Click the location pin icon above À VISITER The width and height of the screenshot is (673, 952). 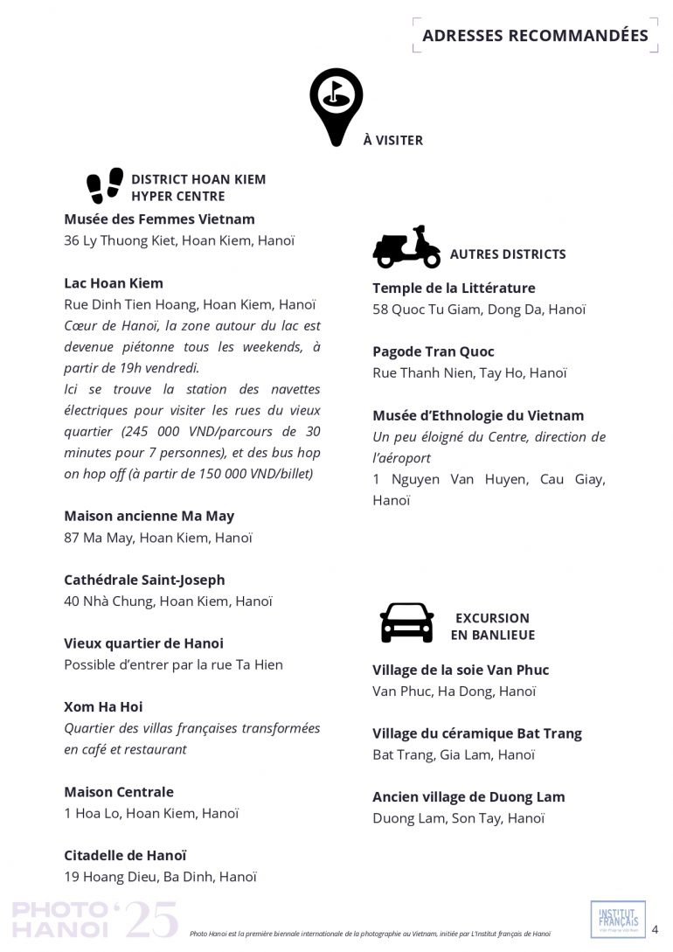pos(336,104)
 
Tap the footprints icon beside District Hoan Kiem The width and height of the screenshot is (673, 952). pos(105,185)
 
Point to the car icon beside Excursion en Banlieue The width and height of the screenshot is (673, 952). pos(406,622)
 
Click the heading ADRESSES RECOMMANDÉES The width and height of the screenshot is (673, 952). pos(535,36)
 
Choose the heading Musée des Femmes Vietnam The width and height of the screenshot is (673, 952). pos(159,219)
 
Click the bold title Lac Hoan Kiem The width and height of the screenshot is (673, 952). pos(114,283)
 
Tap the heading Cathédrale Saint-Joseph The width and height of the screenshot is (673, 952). pos(144,580)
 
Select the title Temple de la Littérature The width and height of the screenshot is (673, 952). pos(454,288)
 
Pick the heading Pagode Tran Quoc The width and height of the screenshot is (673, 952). pos(434,351)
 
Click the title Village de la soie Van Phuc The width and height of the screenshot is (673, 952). pos(461,670)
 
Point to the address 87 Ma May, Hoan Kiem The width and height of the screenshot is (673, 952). pos(158,538)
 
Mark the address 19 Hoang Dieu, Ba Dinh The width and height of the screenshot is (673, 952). pos(160,877)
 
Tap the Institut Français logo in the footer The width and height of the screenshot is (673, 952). pos(618,919)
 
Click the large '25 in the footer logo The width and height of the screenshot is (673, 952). pos(150,920)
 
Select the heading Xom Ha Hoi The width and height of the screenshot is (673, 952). pos(103,706)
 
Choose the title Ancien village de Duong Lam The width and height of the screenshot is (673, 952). pos(468,797)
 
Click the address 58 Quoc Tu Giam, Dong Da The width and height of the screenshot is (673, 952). pos(479,309)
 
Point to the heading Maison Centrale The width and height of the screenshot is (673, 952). pos(119,792)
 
